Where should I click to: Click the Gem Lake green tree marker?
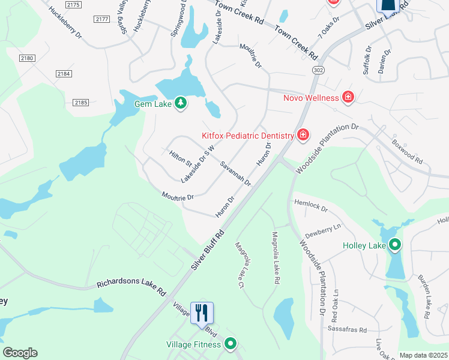[x=180, y=104]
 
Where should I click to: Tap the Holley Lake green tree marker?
[x=395, y=245]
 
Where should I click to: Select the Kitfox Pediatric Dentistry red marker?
[x=303, y=134]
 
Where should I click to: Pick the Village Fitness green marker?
[x=230, y=344]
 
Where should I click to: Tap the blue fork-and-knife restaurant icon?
[x=202, y=313]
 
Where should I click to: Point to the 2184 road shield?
[x=64, y=74]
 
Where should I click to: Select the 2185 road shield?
[x=81, y=103]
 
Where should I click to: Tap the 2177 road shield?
[x=102, y=20]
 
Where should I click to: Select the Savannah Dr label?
[x=235, y=173]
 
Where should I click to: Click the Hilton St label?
[x=180, y=159]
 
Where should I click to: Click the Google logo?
[x=20, y=353]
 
